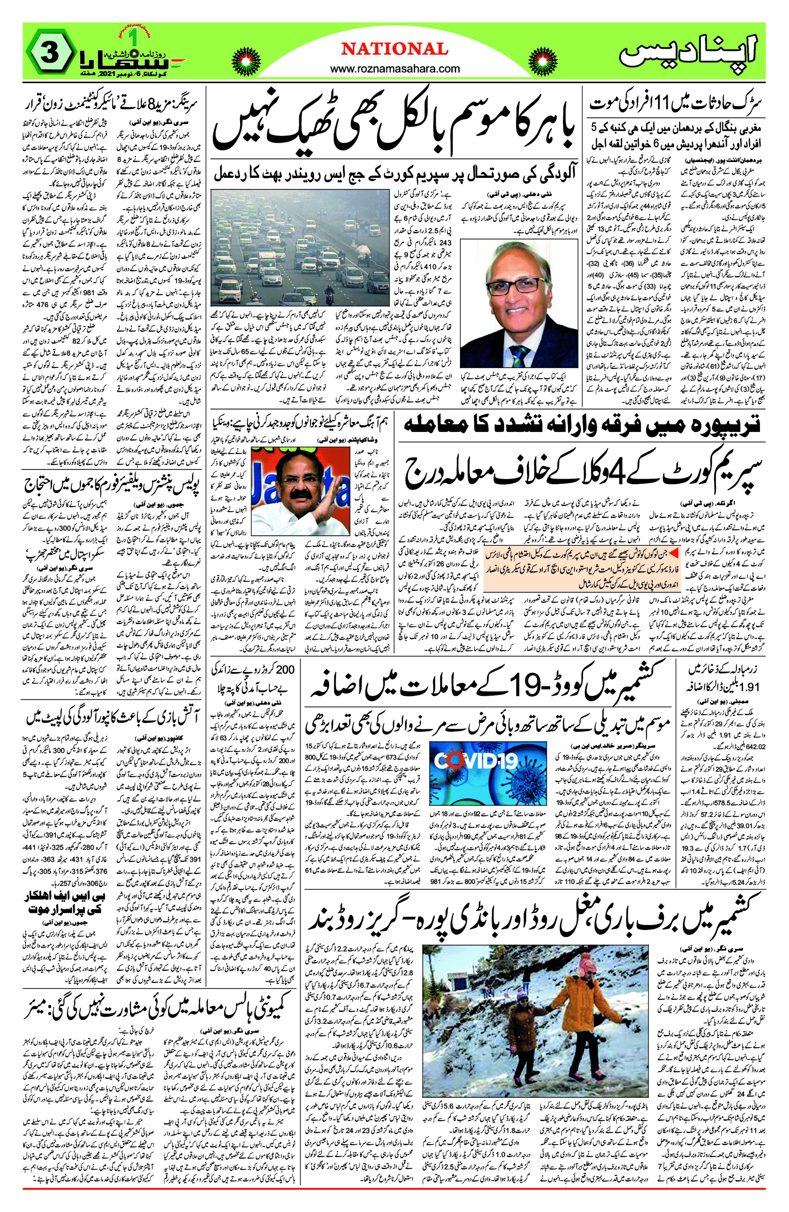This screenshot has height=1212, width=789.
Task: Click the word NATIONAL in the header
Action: [395, 49]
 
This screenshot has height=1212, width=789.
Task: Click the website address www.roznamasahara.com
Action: [395, 69]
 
